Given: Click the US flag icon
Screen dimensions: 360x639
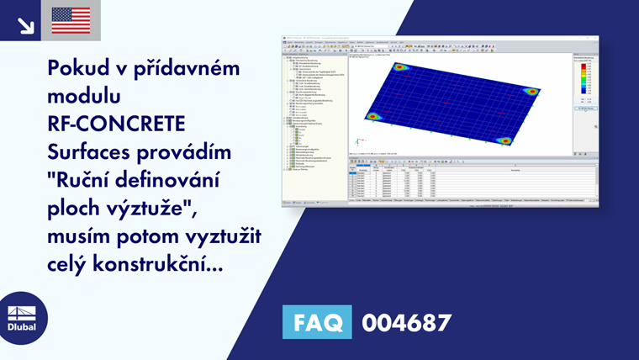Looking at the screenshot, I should [71, 20].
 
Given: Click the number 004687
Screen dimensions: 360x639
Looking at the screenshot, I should [406, 322].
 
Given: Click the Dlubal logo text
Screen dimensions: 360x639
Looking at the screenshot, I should [23, 327].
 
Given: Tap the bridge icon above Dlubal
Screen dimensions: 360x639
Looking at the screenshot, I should [23, 309].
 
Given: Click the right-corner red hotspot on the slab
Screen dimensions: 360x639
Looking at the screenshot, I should [531, 91].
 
